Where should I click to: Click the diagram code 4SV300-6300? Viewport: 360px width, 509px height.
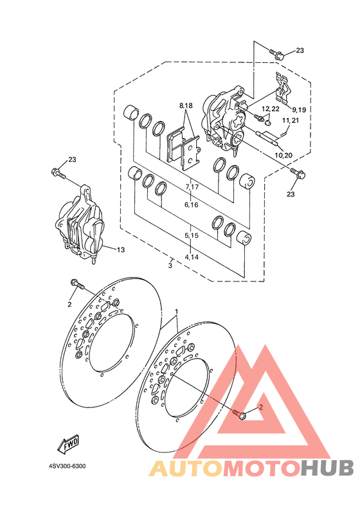tap(67, 467)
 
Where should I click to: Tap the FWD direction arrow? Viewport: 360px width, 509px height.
tap(68, 443)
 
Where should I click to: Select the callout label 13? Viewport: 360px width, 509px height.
tap(121, 250)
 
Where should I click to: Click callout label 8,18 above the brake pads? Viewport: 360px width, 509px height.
tap(186, 105)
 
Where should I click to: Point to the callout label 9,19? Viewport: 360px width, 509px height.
tap(299, 110)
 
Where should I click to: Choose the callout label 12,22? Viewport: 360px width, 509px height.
tap(271, 109)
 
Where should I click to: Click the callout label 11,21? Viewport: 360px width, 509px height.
tap(291, 120)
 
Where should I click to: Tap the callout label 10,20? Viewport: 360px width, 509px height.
tap(283, 155)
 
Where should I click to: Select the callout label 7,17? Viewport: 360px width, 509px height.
tap(192, 187)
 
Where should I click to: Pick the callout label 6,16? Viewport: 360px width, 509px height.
tap(192, 205)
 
